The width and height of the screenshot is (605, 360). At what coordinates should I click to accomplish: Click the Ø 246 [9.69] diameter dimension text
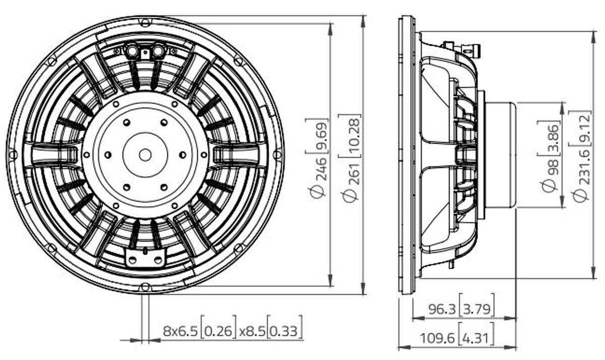317,159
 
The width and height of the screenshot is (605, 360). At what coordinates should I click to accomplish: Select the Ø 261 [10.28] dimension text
350,158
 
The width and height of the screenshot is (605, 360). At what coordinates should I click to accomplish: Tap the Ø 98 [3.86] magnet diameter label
550,157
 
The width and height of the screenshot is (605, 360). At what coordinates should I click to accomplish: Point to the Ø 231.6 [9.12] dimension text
581,156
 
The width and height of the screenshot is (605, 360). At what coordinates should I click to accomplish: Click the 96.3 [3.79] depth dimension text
461,308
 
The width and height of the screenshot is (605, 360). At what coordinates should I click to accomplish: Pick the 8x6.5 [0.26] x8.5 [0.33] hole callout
232,330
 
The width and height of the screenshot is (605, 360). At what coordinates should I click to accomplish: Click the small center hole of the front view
145,155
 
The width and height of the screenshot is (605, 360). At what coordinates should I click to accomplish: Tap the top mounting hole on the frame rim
145,22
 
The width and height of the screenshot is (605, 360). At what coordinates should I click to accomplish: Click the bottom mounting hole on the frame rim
145,287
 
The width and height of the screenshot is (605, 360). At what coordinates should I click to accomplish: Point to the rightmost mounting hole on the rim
278,155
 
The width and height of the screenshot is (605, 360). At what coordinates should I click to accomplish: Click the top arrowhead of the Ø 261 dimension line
364,22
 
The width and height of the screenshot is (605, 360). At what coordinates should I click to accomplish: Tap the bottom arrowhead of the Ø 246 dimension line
330,280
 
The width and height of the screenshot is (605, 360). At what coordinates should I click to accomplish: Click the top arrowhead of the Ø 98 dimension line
562,108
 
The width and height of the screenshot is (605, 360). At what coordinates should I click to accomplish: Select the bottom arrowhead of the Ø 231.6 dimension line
593,272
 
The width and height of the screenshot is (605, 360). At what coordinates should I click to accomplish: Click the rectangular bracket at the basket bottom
145,258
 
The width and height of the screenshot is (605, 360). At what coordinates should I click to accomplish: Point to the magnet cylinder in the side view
500,155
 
